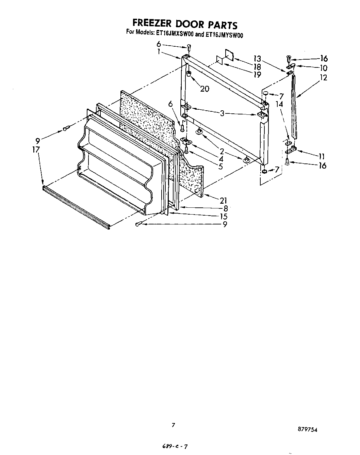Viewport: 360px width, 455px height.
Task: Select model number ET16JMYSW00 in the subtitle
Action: (224, 34)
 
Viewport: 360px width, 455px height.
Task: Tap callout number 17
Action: (36, 149)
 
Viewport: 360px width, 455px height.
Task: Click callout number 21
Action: (223, 201)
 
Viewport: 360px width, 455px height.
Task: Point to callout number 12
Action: (323, 78)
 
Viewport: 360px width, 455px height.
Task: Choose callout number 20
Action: (204, 89)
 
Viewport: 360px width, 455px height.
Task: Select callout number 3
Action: (222, 113)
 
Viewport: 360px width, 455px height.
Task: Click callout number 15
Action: (224, 216)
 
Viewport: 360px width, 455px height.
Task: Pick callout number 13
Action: (257, 58)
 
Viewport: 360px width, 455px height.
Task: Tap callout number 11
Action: (322, 157)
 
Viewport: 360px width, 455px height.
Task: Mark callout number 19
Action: (257, 75)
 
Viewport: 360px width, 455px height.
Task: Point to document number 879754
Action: (308, 430)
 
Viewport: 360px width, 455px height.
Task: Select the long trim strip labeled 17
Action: (76, 207)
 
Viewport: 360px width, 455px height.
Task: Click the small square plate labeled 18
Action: (229, 55)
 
